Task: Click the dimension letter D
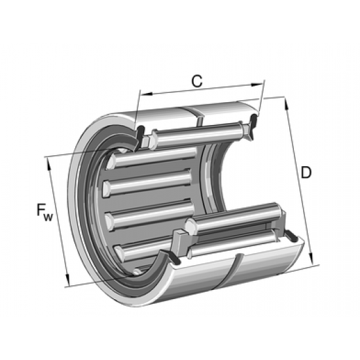click(x=306, y=173)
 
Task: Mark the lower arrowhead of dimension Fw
click(x=67, y=283)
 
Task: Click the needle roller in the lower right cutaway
click(x=236, y=220)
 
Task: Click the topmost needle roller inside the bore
click(x=157, y=158)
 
